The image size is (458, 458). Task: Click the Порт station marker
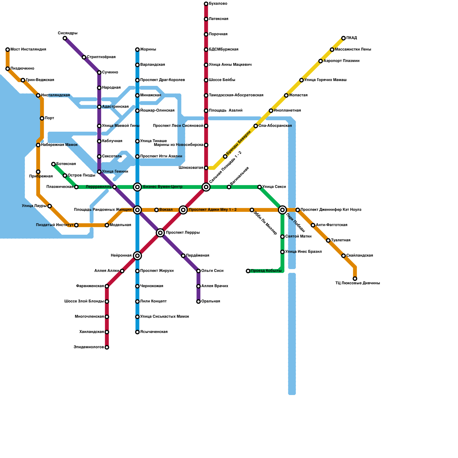[x=42, y=118]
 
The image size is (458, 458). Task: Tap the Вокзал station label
[x=166, y=210]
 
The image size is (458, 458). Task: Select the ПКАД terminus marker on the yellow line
[x=343, y=38]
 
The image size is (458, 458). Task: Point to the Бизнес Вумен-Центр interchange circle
[x=137, y=187]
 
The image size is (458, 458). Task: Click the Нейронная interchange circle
[x=137, y=256]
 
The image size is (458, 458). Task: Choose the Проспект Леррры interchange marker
[x=160, y=233]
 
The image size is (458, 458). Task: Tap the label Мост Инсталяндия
[x=28, y=50]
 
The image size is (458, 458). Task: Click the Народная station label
[x=111, y=88]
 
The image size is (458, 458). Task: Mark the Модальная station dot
[x=107, y=225]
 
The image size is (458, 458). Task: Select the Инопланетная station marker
[x=271, y=111]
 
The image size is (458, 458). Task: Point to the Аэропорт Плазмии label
[x=341, y=61]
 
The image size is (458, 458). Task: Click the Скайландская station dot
[x=343, y=256]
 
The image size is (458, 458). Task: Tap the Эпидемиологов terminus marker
[x=107, y=348]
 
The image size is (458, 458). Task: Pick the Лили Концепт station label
[x=153, y=301]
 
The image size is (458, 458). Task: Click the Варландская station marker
[x=137, y=65]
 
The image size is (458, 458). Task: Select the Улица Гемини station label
[x=115, y=172]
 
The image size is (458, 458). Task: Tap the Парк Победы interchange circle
[x=283, y=210]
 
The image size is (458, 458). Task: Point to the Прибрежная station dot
[x=38, y=172]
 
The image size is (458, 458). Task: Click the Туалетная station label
[x=341, y=240]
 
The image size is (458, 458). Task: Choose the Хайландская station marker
[x=107, y=332]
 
